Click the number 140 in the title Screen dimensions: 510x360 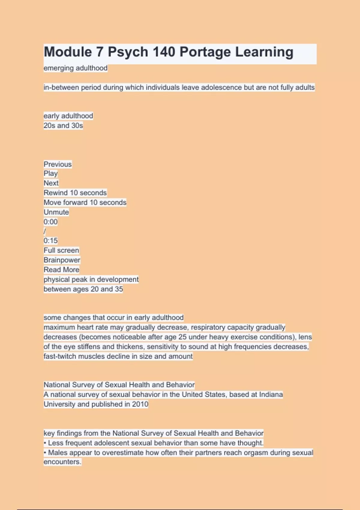tap(164, 52)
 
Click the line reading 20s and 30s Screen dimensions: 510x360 tap(63, 125)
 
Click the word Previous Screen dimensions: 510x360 tap(58, 164)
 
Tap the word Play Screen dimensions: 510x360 tap(50, 173)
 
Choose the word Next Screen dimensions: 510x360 tap(51, 183)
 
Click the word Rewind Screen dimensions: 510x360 tap(56, 193)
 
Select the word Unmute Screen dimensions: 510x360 tap(56, 212)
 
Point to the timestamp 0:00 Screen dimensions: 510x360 tap(50, 222)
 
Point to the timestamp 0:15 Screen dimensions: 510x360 tap(50, 241)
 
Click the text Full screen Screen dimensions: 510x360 tap(61, 250)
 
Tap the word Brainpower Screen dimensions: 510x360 tap(62, 260)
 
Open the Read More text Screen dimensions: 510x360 tap(61, 270)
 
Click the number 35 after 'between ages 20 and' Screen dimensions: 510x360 tap(119, 289)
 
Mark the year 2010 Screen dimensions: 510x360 tap(140, 404)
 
